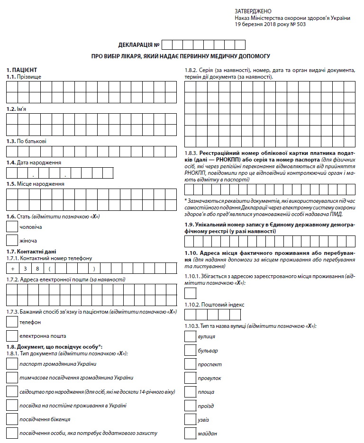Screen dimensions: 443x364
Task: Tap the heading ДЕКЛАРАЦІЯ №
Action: point(138,45)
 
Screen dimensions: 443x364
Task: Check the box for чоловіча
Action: point(12,227)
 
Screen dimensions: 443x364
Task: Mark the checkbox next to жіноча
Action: point(12,241)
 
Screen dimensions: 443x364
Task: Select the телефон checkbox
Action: point(12,322)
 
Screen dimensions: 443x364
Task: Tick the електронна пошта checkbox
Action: point(12,336)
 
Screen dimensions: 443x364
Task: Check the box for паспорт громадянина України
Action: point(12,364)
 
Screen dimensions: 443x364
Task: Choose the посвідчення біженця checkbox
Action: point(12,419)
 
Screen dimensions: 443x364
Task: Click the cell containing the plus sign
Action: point(12,269)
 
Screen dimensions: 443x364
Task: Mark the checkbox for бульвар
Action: point(190,350)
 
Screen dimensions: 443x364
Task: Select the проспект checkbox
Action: point(190,364)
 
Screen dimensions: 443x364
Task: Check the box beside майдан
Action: point(190,433)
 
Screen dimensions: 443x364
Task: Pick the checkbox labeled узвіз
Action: point(190,419)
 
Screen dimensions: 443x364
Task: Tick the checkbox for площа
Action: point(190,391)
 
